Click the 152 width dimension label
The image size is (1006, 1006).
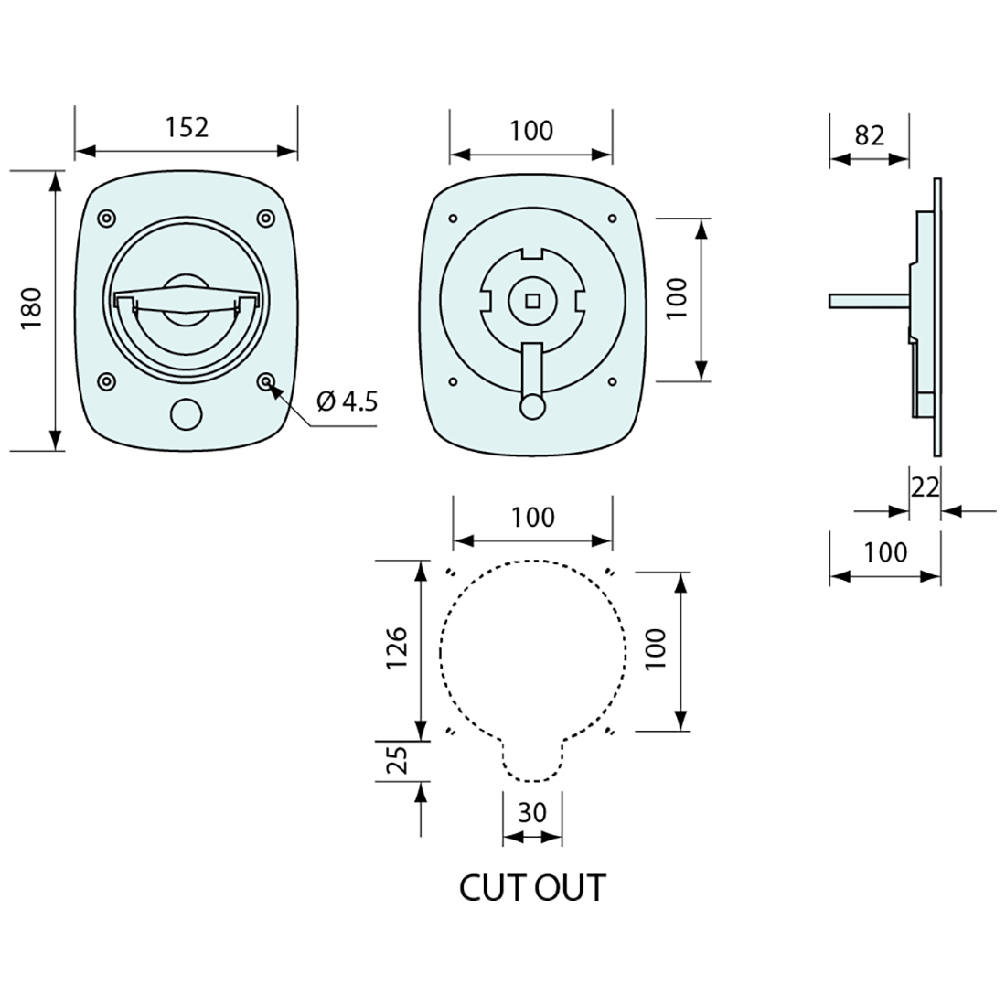tap(187, 127)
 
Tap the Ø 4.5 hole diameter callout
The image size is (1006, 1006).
tap(347, 401)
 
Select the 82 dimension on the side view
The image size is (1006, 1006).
tap(870, 135)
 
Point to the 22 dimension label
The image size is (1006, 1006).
tap(925, 487)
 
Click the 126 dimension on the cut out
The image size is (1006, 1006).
tap(396, 648)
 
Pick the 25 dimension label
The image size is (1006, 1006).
tap(396, 759)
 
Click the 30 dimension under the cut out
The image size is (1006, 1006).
tap(532, 812)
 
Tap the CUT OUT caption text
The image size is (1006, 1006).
tap(531, 887)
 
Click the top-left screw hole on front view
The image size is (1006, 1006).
tap(107, 219)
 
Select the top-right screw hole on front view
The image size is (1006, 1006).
tap(265, 219)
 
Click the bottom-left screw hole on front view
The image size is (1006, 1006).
tap(107, 381)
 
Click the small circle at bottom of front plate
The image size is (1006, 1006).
tap(187, 414)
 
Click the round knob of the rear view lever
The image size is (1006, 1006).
tap(531, 405)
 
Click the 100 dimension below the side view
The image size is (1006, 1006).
tap(885, 552)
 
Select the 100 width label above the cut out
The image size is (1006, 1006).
tap(532, 518)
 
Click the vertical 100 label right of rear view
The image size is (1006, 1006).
tap(676, 299)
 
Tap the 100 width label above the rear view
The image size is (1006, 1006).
tap(531, 131)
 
